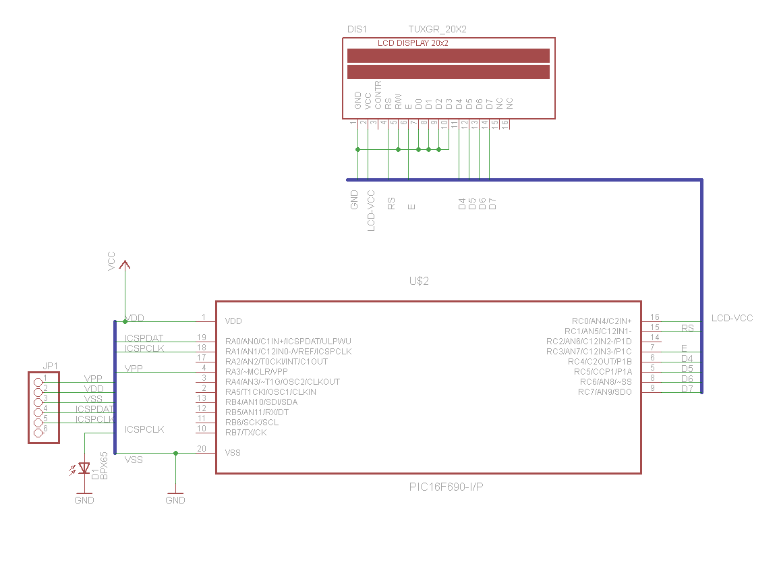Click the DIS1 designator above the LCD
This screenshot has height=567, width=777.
(x=356, y=30)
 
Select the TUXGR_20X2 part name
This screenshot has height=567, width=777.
(x=437, y=30)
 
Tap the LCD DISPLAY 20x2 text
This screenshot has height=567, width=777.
(x=413, y=43)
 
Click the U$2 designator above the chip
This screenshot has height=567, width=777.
(x=418, y=281)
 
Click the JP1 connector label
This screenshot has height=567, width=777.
(x=50, y=365)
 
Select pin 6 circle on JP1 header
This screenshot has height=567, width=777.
(x=38, y=429)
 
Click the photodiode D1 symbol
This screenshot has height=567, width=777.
(x=84, y=467)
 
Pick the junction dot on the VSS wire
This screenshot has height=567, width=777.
(x=175, y=453)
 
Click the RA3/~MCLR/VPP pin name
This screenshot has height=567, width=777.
(x=256, y=372)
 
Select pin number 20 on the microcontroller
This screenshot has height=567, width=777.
(x=201, y=449)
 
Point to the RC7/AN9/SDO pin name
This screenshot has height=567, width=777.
(x=605, y=392)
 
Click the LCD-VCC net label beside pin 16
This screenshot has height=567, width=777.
(x=732, y=318)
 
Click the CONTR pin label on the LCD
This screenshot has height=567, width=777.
(x=378, y=95)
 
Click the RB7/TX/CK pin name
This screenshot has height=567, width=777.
(x=246, y=433)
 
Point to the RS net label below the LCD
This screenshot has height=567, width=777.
(x=391, y=204)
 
